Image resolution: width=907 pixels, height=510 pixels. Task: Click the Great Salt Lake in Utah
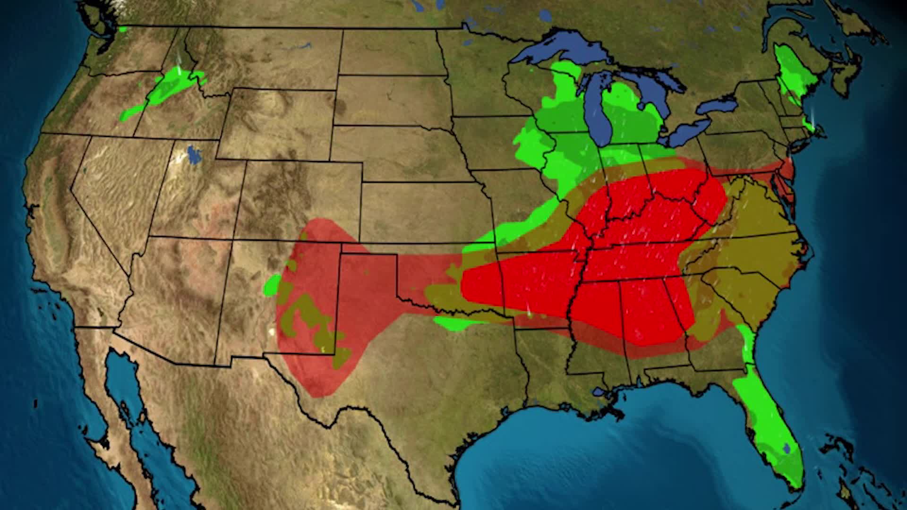193,155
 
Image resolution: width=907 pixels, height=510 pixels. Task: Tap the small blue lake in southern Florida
787,447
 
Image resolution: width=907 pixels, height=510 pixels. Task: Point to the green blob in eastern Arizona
272,285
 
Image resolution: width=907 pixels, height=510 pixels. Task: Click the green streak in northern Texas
456,324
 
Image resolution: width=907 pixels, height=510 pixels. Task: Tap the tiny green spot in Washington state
123,29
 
